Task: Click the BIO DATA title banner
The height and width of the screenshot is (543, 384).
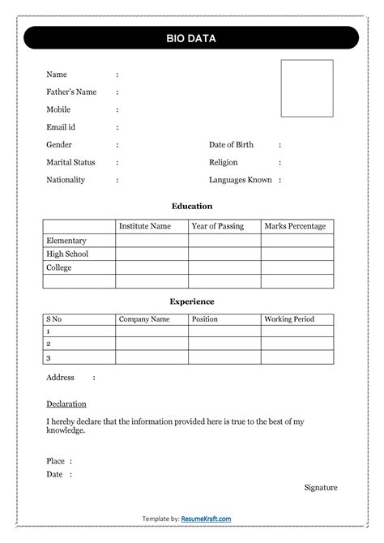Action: pos(191,38)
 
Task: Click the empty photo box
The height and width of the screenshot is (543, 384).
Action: pos(307,88)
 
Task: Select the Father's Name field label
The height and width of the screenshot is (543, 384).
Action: pos(71,92)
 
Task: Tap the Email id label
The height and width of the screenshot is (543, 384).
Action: pos(61,127)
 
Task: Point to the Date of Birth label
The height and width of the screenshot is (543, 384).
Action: pos(231,145)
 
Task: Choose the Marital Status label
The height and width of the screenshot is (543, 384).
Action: pos(70,163)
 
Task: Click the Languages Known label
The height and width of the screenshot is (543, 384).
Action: pos(240,180)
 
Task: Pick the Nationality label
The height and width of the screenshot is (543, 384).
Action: pos(66,180)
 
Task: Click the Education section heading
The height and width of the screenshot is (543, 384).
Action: pos(192,207)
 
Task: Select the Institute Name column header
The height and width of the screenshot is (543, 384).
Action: pos(145,226)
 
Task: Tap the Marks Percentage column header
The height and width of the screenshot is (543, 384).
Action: pos(295,226)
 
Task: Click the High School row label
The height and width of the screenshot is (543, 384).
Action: pos(67,254)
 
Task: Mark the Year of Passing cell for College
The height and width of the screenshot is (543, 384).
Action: pos(224,267)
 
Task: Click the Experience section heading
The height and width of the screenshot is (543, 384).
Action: pos(192,301)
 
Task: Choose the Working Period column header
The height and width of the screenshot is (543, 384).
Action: pos(288,319)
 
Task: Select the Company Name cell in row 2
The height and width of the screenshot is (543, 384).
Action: pos(151,344)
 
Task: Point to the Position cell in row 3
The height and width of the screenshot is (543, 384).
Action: pos(224,357)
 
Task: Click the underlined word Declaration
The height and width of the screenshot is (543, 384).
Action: pos(66,404)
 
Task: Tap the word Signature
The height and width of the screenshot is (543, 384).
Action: pos(321,487)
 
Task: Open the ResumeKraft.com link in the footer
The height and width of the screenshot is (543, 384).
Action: pos(206,519)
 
